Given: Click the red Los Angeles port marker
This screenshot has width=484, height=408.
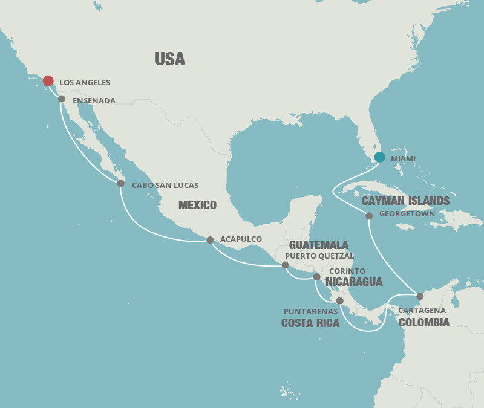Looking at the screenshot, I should pos(48,81).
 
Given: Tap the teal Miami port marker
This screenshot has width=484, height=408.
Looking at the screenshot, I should pos(379,157).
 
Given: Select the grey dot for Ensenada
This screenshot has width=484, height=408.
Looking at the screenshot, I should pos(62,99).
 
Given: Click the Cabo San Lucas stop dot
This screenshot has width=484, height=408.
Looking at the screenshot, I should pos(120,183).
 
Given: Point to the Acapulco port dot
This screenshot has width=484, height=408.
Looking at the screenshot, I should pos(210,240).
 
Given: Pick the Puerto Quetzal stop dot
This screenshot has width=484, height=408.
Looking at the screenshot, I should pos(286,265).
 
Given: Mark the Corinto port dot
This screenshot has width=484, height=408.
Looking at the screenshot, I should pos(316,277).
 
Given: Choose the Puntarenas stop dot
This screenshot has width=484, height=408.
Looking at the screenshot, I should pos(339,300).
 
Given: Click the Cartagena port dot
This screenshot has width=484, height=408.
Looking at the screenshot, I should pos(420,296).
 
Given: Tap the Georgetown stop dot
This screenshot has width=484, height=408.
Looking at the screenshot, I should pos(369,216).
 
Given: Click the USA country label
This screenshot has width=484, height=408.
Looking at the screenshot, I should pos(170,59).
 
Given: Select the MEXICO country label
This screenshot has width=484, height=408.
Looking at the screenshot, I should pos(197,206).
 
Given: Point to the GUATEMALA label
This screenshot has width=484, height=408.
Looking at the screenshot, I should pos(319,245).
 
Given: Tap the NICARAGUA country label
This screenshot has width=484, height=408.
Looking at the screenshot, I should pos(354,282).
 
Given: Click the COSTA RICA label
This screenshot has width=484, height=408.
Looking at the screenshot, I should pos(310,323).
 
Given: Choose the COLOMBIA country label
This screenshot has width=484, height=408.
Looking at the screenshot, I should pos(424,322).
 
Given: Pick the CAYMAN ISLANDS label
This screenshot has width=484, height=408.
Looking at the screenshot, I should pos(405,201).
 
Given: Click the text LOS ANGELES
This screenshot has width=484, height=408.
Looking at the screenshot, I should pos(85,82).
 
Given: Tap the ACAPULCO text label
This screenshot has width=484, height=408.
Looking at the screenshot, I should pos(241,239).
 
